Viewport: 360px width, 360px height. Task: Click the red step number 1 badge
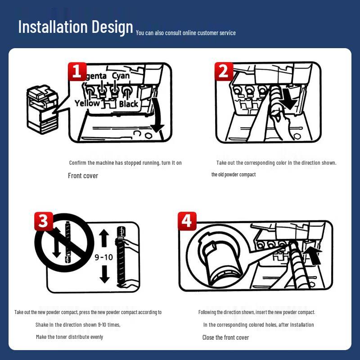click(x=77, y=72)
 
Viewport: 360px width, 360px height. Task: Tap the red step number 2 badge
click(x=224, y=72)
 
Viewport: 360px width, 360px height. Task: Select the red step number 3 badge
click(x=44, y=221)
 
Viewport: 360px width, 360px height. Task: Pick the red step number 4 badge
click(x=187, y=221)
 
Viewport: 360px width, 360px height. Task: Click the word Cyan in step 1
click(x=121, y=76)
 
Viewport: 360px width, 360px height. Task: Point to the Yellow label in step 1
click(x=87, y=103)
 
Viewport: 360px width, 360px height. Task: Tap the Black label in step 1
click(x=129, y=104)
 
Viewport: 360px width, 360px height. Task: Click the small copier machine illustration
click(x=43, y=109)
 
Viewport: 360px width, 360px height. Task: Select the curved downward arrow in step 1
click(x=158, y=115)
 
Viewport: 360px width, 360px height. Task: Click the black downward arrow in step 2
click(x=290, y=98)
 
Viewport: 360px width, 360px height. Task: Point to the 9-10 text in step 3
click(x=104, y=257)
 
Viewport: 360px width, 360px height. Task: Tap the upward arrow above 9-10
click(x=104, y=238)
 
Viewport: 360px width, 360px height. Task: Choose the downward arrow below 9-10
click(x=104, y=274)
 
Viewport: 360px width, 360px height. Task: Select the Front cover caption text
click(x=83, y=176)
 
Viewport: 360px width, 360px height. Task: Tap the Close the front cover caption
click(x=226, y=337)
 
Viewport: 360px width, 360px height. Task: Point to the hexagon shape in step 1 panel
click(x=148, y=135)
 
